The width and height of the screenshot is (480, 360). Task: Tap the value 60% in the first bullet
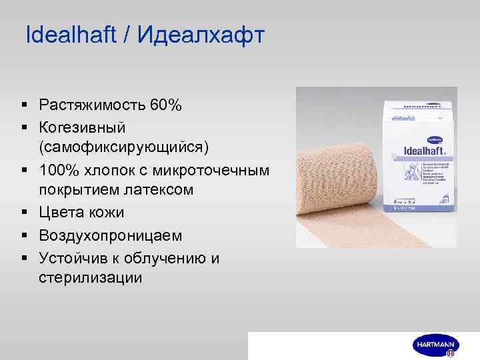[x=167, y=105]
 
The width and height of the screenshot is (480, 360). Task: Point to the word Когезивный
[x=81, y=127]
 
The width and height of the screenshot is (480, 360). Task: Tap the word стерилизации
[x=90, y=277]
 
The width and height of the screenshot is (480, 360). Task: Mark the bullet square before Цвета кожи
[x=25, y=213]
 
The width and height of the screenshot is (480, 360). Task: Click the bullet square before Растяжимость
[x=25, y=105]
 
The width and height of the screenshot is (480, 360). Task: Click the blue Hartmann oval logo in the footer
[x=434, y=345]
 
